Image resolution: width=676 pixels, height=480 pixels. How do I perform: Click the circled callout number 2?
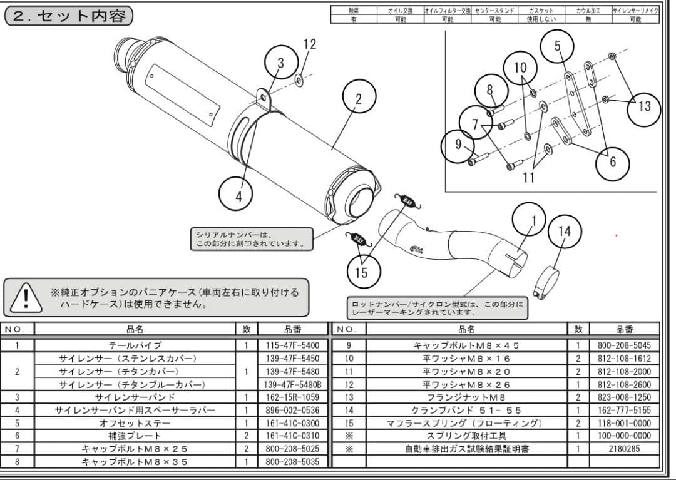point(359,99)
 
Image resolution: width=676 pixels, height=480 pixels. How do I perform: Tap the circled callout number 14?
point(564,231)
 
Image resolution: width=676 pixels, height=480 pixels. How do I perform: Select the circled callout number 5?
point(557,46)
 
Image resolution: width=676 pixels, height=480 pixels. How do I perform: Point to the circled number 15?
point(361,272)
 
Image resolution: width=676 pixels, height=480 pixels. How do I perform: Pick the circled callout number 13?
point(645,106)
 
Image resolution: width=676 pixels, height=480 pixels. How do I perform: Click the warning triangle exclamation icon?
point(24,297)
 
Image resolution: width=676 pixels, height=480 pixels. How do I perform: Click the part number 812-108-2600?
point(624,384)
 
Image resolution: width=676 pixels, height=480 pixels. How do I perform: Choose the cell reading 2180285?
point(624,449)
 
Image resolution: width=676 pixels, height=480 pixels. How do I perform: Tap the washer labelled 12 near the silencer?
point(299,79)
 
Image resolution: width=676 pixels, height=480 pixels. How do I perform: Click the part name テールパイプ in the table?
point(135,345)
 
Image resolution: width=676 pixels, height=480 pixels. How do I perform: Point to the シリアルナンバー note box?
point(252,239)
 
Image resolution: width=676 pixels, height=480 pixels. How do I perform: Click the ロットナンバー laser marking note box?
point(437,307)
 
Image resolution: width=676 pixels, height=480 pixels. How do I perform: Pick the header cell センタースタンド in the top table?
point(494,11)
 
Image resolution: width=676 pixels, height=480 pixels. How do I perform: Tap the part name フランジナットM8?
point(466,397)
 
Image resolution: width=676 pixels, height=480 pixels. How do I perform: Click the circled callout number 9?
point(458,145)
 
